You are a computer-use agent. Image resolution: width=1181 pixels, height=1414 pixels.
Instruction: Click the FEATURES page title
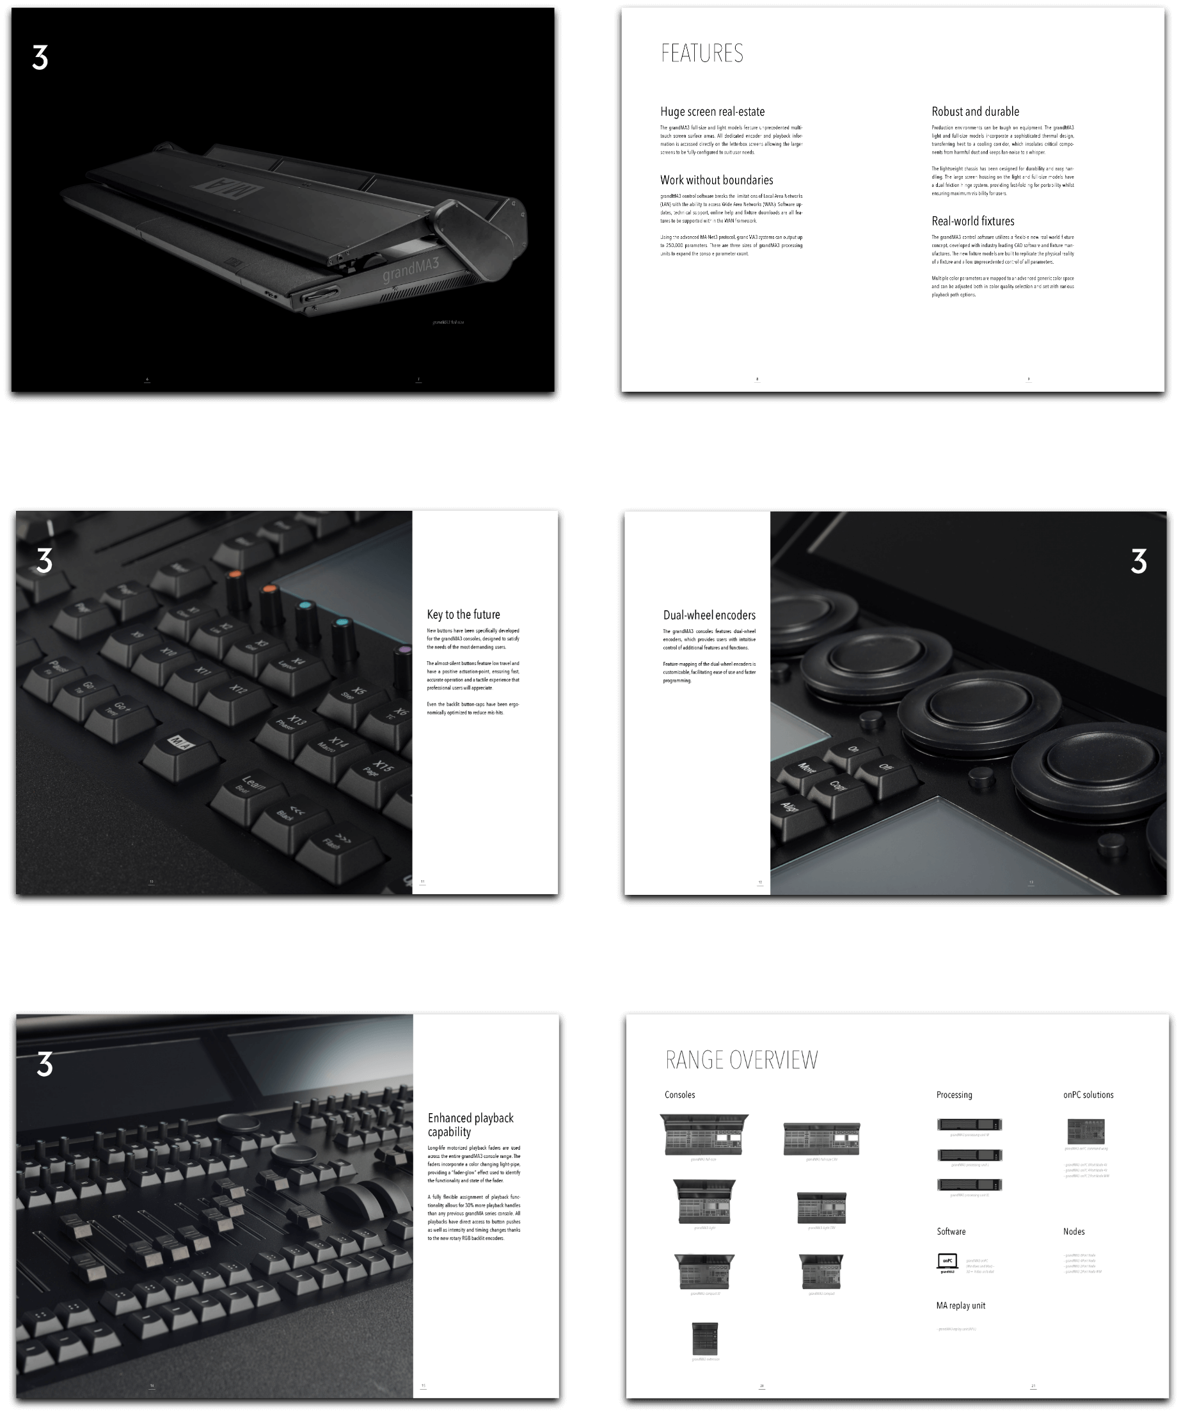coord(702,53)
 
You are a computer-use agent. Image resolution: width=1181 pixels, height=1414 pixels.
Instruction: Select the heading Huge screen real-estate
coord(712,112)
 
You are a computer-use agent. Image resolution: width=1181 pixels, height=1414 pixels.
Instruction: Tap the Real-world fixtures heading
coord(972,221)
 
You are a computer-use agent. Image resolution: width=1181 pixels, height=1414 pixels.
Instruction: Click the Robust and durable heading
coord(975,112)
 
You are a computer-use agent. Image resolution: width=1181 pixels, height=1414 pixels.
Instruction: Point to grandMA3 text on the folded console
coord(411,269)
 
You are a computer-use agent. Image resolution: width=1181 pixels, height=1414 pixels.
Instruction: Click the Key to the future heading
coord(463,614)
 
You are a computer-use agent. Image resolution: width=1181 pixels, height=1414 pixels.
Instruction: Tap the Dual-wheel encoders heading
coord(709,615)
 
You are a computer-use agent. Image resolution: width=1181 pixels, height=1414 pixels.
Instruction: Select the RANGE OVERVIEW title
coord(741,1060)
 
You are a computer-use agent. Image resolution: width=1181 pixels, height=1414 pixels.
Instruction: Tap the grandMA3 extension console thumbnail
coord(704,1338)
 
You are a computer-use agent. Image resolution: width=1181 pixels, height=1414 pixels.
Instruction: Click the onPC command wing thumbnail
coord(1086,1131)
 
